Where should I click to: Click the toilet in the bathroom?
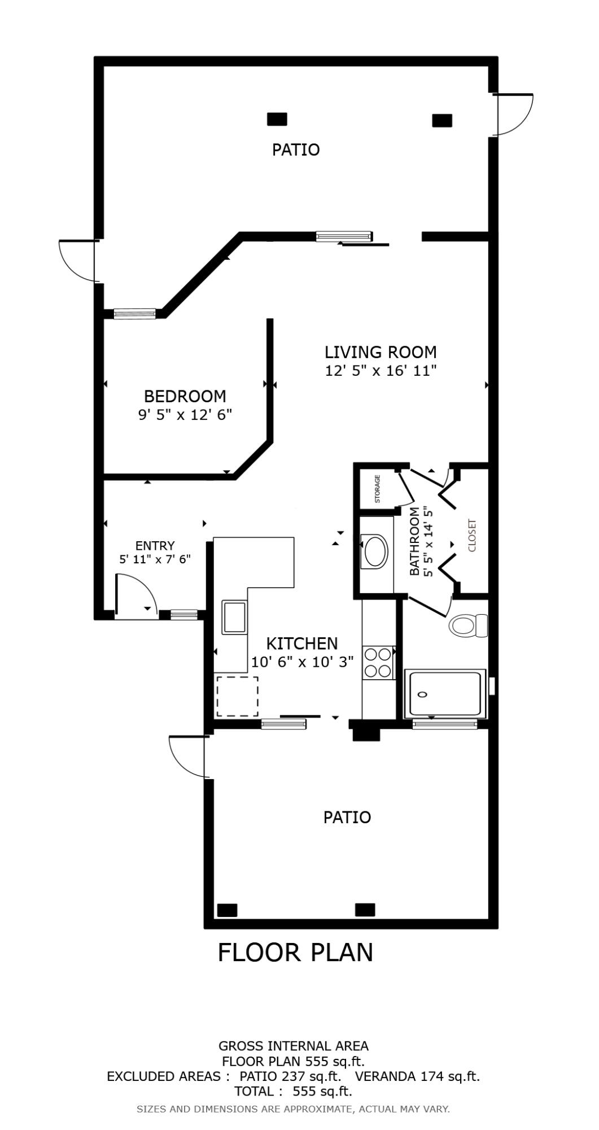point(467,625)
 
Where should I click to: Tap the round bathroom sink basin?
point(376,551)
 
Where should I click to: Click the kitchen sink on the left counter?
point(234,617)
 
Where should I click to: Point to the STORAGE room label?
point(377,489)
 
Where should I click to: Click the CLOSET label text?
point(473,535)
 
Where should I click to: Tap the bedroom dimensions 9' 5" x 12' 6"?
point(185,415)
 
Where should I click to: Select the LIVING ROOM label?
point(381,352)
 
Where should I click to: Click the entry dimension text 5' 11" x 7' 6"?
point(155,559)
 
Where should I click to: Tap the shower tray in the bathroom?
point(445,694)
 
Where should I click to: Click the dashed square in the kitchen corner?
point(237,697)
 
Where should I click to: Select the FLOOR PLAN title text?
point(295,953)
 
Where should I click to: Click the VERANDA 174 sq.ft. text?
point(417,1076)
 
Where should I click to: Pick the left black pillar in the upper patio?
point(277,119)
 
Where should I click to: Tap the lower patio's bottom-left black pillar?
point(227,910)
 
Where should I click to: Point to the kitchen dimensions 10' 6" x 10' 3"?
point(302,662)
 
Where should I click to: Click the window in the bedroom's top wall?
point(134,314)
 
